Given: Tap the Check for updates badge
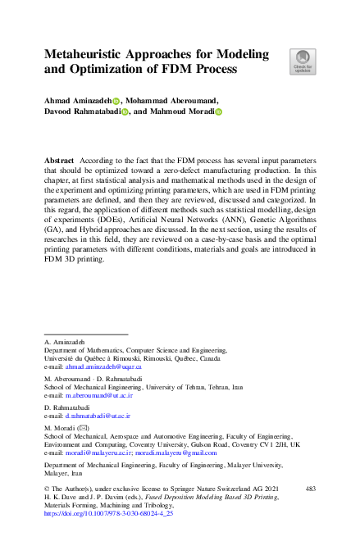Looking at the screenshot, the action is coord(302,60).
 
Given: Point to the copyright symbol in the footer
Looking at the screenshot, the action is coord(46,489).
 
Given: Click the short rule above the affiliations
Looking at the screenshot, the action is coord(85,334).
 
